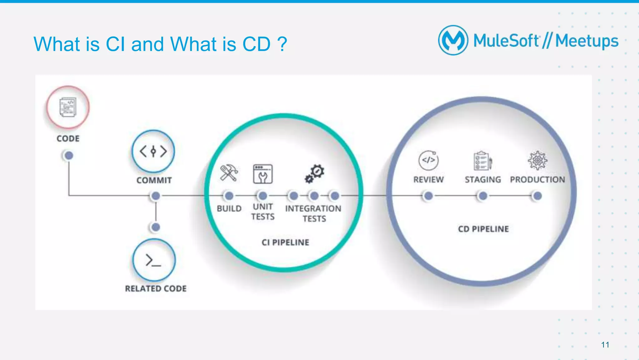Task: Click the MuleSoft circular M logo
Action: coord(453,40)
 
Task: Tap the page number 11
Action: coord(605,345)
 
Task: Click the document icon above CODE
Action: coord(68,107)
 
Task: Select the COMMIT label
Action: coord(154,180)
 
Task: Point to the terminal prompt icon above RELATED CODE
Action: coord(154,260)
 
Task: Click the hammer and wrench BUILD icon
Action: coord(229,173)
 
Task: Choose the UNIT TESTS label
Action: coord(263,212)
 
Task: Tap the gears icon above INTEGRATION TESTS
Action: coord(315,173)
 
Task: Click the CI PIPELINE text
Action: coord(285,242)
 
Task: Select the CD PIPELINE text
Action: coord(483,229)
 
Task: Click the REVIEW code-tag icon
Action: coord(428,160)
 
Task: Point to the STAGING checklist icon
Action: coord(483,161)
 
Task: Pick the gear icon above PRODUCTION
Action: coord(537,160)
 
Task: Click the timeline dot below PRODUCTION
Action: coord(537,196)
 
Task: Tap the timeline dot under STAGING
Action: coord(483,196)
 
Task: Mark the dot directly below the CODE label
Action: coord(69,155)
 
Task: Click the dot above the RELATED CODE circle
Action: coord(156,227)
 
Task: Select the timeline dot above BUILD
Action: coord(229,196)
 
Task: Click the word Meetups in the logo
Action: coord(587,41)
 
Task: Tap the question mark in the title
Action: coord(282,44)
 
